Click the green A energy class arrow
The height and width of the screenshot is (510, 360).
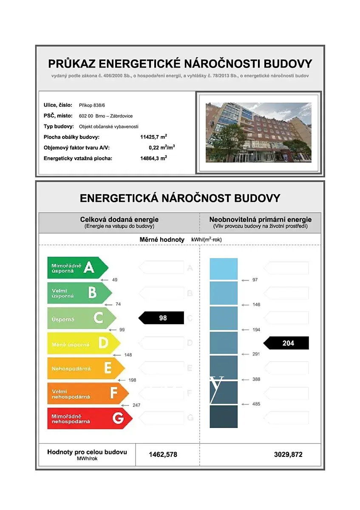[x=77, y=268]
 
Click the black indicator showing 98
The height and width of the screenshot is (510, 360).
[x=162, y=318]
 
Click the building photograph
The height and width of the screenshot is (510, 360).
[x=258, y=132]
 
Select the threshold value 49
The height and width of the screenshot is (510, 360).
[x=114, y=280]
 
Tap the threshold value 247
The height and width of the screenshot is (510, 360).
[x=136, y=405]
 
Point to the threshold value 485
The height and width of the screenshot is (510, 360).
[x=256, y=404]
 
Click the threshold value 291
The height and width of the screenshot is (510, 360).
[x=256, y=354]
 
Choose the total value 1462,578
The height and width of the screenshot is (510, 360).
[x=163, y=454]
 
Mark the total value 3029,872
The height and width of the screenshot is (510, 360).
[x=288, y=454]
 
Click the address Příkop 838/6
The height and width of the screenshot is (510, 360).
[x=91, y=105]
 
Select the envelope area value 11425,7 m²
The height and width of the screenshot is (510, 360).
[x=153, y=137]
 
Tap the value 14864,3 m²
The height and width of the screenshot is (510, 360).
[x=153, y=159]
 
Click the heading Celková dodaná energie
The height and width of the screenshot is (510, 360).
[x=119, y=219]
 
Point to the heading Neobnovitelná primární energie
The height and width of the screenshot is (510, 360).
[x=260, y=219]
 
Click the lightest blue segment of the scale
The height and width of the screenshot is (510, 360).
[x=224, y=269]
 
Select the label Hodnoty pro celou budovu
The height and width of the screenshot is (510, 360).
[x=87, y=452]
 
